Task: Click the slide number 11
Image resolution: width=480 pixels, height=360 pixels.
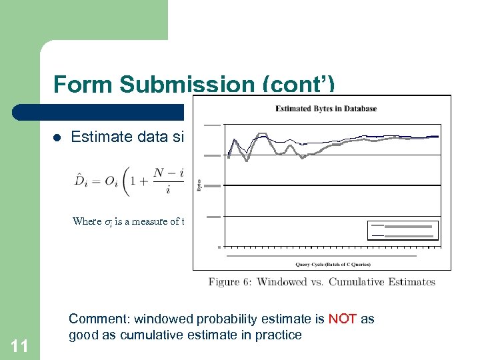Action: (x=19, y=345)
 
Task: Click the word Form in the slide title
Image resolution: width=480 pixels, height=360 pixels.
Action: (x=85, y=85)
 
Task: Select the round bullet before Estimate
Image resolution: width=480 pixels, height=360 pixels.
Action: (x=57, y=138)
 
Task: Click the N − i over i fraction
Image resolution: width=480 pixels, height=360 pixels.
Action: (x=167, y=181)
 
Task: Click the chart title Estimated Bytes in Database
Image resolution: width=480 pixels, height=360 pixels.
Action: (x=326, y=109)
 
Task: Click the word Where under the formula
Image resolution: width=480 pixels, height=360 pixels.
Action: (x=87, y=221)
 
